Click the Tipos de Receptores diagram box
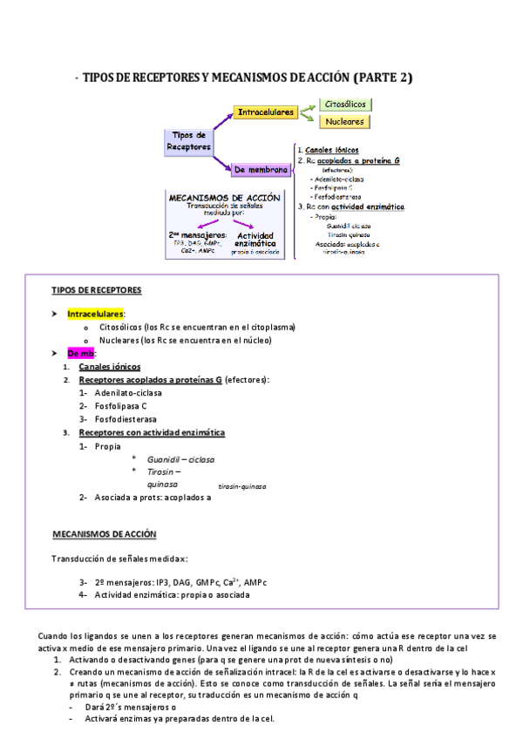pyautogui.click(x=189, y=141)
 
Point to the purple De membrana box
pyautogui.click(x=261, y=169)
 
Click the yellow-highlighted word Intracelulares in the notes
pyautogui.click(x=96, y=313)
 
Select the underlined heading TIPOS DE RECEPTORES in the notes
pyautogui.click(x=97, y=290)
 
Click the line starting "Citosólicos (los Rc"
pyautogui.click(x=197, y=327)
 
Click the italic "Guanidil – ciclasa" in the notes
pyautogui.click(x=180, y=459)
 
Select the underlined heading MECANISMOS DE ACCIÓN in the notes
pyautogui.click(x=105, y=533)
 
